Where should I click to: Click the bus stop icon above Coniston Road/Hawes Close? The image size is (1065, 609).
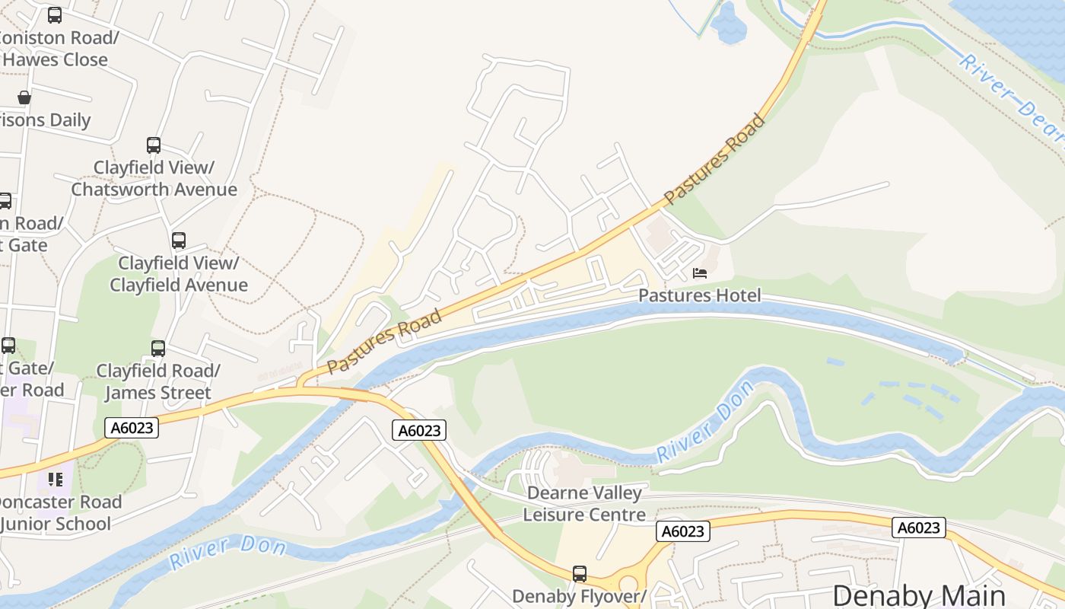(x=55, y=15)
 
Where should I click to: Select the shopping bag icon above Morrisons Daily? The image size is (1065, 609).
(x=24, y=97)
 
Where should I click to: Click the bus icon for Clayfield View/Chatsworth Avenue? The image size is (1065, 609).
(x=154, y=145)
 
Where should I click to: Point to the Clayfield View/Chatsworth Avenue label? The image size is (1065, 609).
(x=154, y=179)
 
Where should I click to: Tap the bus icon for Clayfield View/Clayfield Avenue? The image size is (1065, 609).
(x=179, y=241)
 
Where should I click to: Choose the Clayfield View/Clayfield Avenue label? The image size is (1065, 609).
(x=179, y=274)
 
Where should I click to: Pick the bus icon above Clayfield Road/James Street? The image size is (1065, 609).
(x=158, y=349)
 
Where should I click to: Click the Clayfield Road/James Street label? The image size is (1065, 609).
(x=158, y=382)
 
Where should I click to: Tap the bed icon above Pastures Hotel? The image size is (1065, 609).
(x=700, y=273)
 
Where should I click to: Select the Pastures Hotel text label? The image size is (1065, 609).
(x=699, y=295)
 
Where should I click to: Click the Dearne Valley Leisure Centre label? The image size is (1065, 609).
(x=584, y=504)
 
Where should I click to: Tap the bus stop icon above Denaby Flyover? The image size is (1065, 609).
(x=580, y=574)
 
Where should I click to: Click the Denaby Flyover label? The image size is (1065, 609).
(x=579, y=596)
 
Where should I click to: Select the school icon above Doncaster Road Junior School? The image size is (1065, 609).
(x=56, y=480)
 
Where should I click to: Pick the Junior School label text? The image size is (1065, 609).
(x=56, y=524)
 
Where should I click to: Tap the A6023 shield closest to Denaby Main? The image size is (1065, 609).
(x=920, y=528)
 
